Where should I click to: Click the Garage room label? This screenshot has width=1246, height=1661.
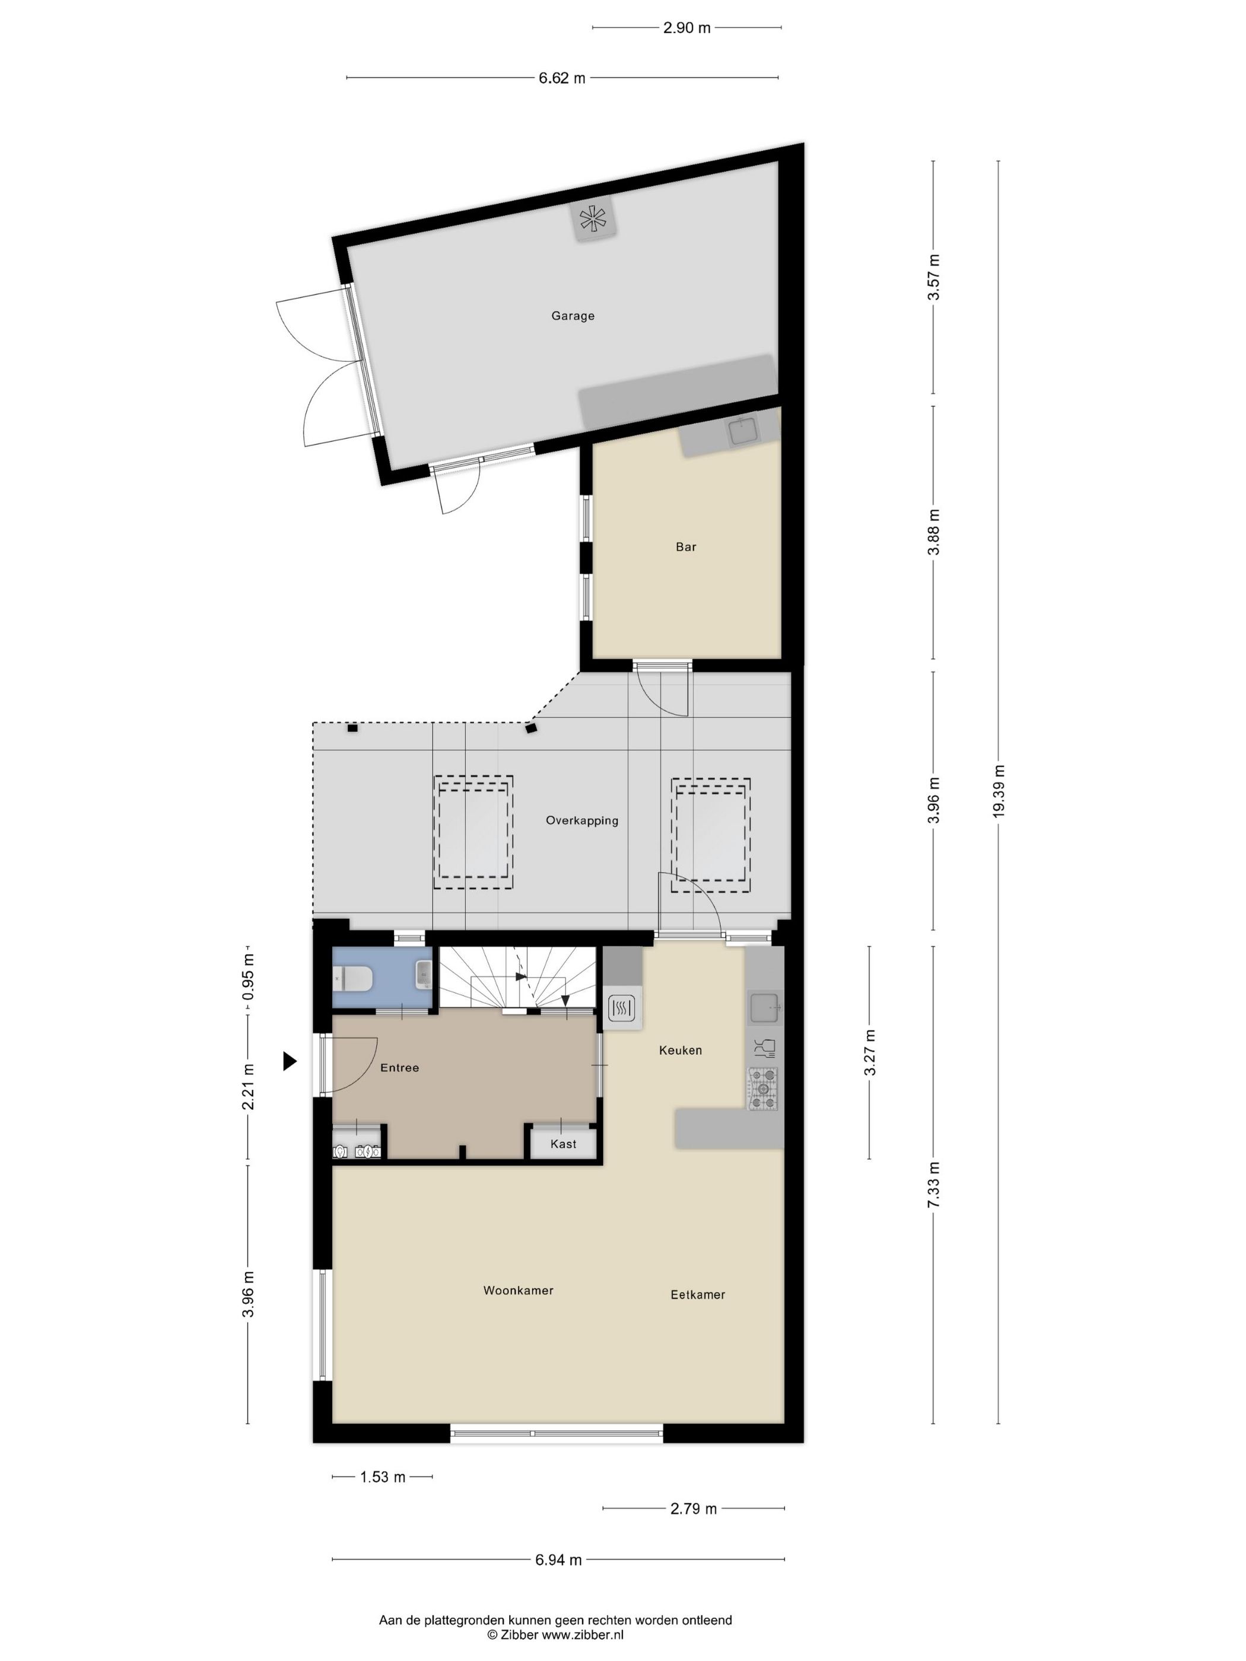573,316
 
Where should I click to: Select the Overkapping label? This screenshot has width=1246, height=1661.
581,821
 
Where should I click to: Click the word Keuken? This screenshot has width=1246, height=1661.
680,1051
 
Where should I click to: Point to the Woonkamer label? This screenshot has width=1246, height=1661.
517,1291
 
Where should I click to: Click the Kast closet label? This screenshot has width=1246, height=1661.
562,1144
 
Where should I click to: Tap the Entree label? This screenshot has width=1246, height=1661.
399,1068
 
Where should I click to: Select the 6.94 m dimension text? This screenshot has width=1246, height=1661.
558,1560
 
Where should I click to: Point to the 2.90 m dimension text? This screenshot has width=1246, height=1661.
686,28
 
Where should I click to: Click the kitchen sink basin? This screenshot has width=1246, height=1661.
764,1007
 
